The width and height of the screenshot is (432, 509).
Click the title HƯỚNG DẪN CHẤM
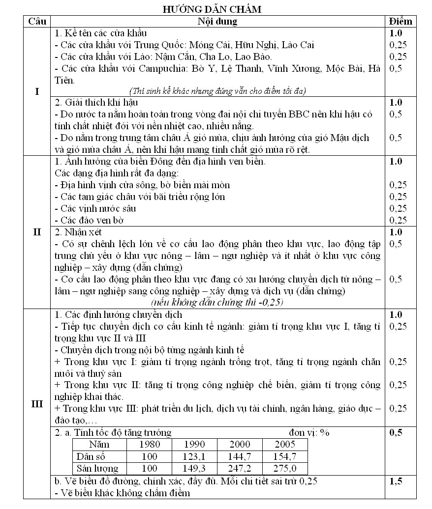tap(216, 9)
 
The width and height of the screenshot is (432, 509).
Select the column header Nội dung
tap(217, 22)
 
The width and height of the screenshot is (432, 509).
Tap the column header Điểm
tap(400, 22)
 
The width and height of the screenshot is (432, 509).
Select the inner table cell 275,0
tap(285, 468)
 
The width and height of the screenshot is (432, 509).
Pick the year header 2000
tap(240, 445)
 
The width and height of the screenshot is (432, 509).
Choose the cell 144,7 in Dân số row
tap(240, 456)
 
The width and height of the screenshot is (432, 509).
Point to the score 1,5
tap(396, 481)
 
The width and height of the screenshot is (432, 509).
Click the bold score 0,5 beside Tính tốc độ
tap(396, 432)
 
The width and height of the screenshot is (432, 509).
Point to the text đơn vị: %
tap(309, 432)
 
